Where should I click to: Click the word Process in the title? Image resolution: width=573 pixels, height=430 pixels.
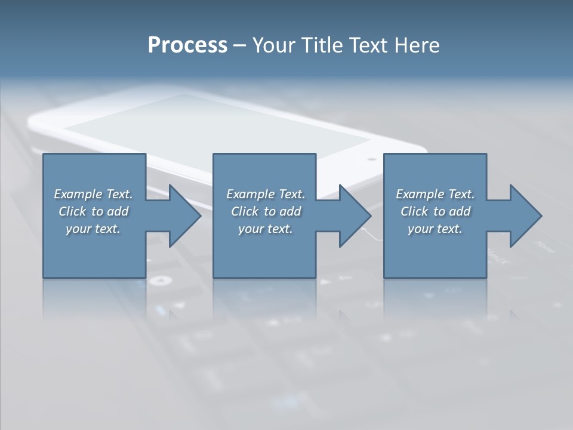[187, 45]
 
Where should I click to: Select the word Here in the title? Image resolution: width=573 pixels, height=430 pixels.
[417, 45]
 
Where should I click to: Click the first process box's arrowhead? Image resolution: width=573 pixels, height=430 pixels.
[183, 216]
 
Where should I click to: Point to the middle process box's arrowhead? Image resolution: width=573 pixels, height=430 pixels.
[353, 216]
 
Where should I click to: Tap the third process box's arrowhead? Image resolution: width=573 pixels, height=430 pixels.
[523, 216]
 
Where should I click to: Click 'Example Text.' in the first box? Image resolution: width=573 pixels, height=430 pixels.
[93, 194]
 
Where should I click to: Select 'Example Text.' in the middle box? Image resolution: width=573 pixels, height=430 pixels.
[266, 194]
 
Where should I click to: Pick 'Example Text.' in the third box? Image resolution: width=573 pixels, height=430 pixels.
[435, 194]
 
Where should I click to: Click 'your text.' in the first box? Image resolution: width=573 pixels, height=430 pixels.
[93, 229]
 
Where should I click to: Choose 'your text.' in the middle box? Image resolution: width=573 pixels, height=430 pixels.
[266, 229]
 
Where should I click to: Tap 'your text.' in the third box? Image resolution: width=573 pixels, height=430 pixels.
[435, 229]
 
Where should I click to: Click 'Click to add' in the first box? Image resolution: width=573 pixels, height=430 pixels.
[93, 211]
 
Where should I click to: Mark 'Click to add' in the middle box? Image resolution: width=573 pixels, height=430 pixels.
[266, 211]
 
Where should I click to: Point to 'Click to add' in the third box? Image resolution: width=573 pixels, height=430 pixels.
[435, 211]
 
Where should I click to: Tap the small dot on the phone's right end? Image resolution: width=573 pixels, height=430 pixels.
[372, 159]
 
